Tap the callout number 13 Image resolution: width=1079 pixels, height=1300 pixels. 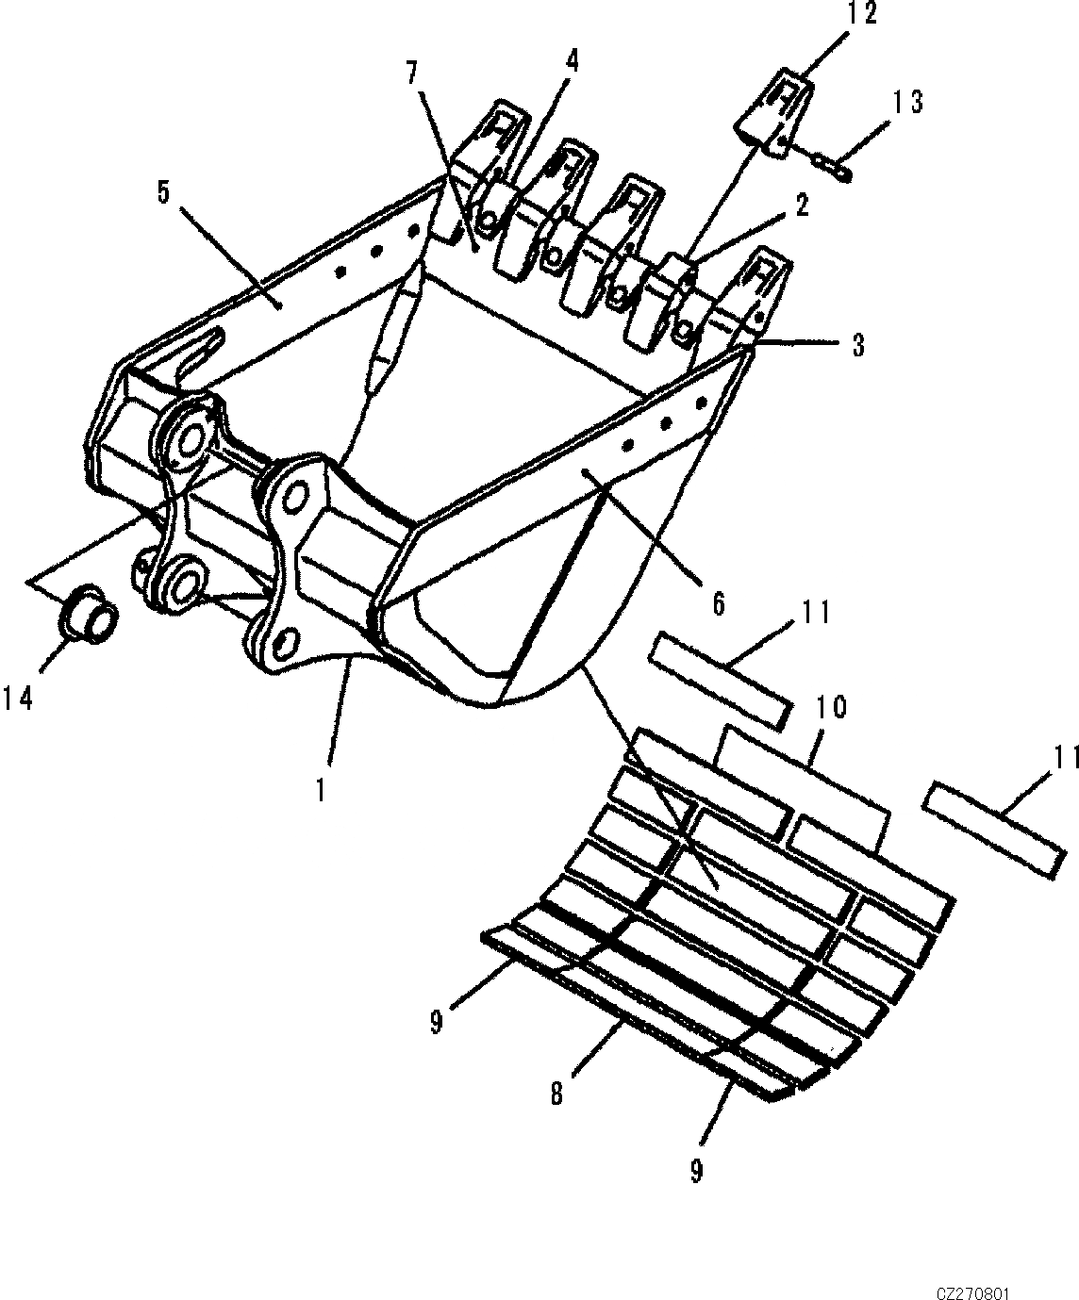pos(904,102)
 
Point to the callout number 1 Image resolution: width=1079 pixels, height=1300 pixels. pos(321,788)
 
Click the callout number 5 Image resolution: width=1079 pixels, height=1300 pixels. pos(163,193)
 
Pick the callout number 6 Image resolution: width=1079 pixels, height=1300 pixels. pos(719,604)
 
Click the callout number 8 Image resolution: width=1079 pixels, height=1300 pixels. pos(556,1093)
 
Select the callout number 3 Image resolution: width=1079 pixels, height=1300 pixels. pos(857,345)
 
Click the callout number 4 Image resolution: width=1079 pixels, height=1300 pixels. pos(572,61)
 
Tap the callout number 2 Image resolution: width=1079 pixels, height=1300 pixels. pos(801,206)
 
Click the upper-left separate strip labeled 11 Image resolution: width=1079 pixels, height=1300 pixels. pos(720,681)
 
